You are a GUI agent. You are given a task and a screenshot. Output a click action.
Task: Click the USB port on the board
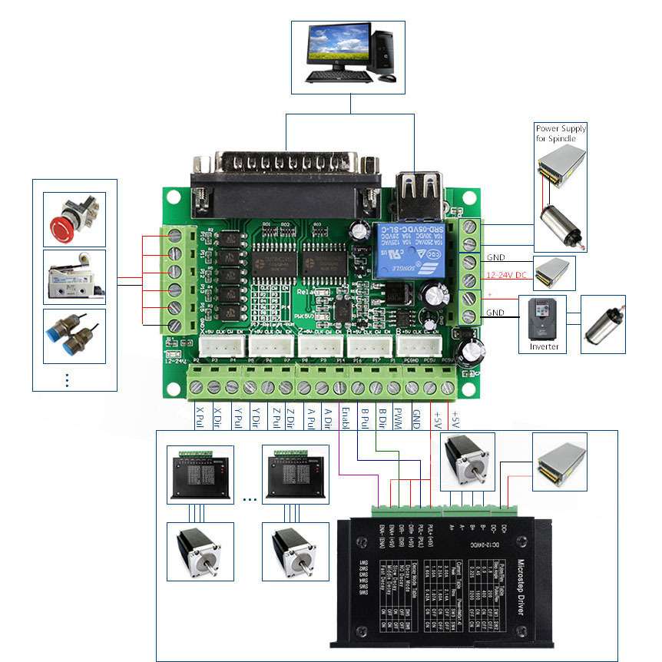click(420, 193)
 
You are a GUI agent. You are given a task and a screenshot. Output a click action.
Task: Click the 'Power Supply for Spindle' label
click(560, 133)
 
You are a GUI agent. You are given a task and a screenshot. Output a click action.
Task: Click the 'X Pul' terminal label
click(199, 418)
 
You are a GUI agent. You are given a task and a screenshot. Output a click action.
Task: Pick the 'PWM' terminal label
click(398, 419)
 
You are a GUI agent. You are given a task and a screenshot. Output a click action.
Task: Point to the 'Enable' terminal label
click(345, 421)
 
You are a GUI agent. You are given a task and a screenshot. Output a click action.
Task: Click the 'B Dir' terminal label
click(381, 419)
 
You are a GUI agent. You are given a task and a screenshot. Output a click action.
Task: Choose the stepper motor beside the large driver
click(465, 460)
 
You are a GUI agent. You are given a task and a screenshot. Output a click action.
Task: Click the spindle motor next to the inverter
click(606, 322)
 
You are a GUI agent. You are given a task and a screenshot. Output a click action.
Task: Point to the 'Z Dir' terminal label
click(290, 418)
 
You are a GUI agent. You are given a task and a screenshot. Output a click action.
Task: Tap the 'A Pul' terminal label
click(311, 418)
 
